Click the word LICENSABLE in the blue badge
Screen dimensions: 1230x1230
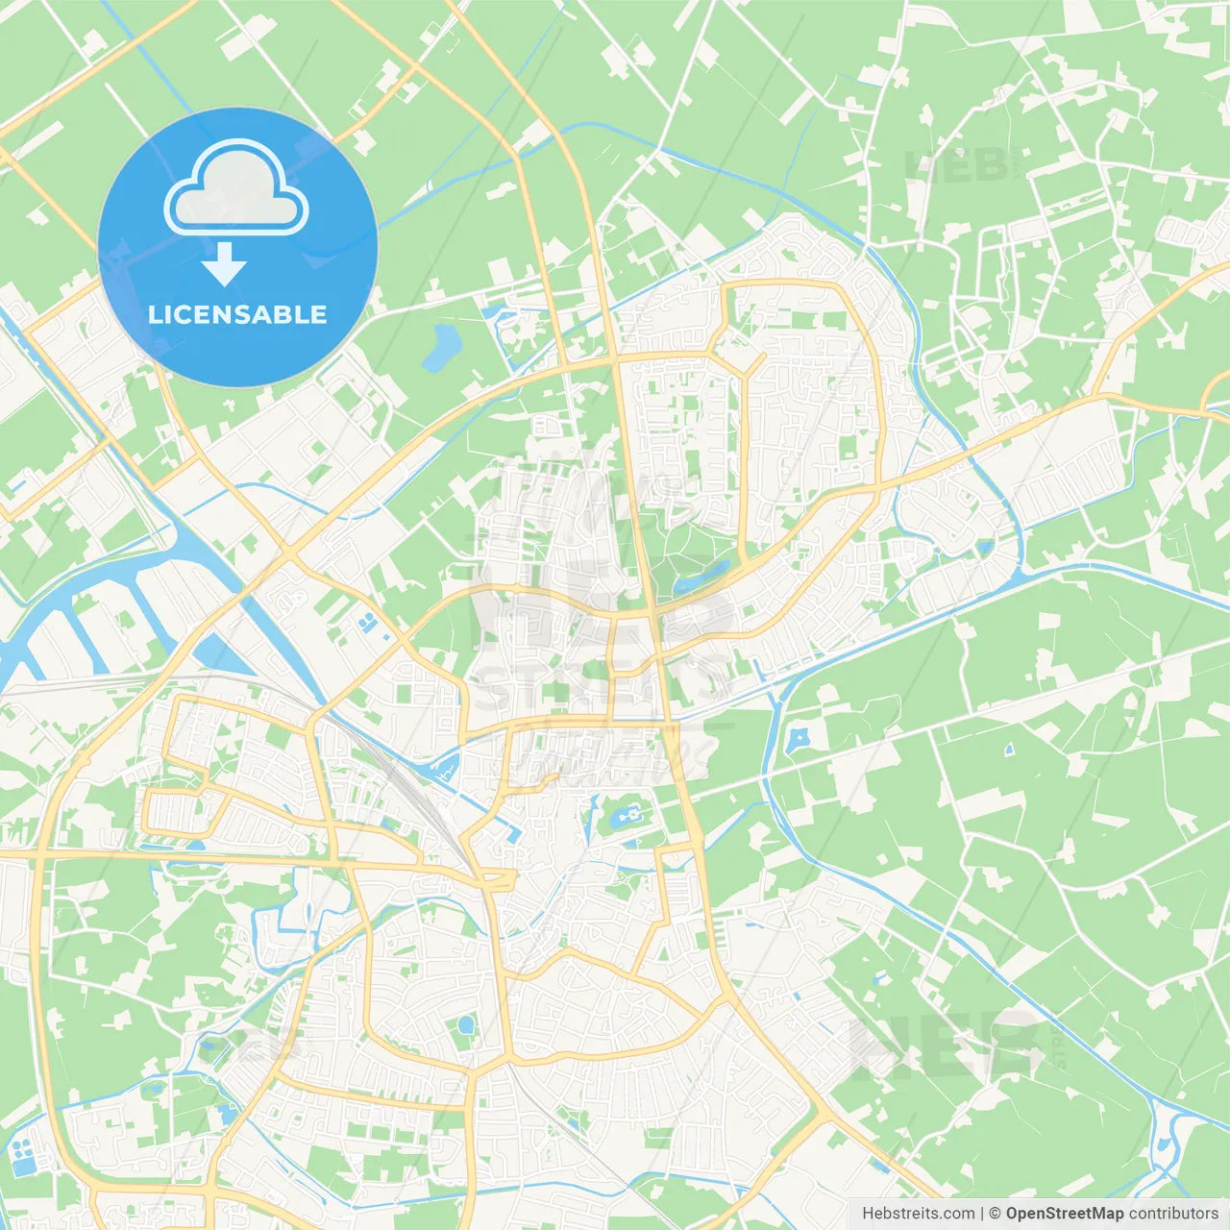click(x=237, y=314)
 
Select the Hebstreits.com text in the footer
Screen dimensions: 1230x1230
click(x=918, y=1213)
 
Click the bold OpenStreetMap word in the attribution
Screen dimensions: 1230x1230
click(x=1065, y=1213)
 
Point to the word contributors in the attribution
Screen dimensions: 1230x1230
click(x=1173, y=1213)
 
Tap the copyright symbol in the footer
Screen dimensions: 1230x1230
click(x=996, y=1213)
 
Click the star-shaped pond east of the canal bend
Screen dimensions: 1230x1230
click(x=798, y=740)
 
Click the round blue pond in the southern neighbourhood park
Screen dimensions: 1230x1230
click(x=466, y=1025)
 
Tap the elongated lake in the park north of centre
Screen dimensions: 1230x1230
click(x=701, y=578)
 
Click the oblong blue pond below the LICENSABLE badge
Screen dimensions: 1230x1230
click(x=443, y=347)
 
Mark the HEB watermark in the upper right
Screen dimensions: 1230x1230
click(x=956, y=166)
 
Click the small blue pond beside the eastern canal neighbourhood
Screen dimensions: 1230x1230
click(x=985, y=548)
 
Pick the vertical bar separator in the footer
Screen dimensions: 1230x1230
click(x=981, y=1213)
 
